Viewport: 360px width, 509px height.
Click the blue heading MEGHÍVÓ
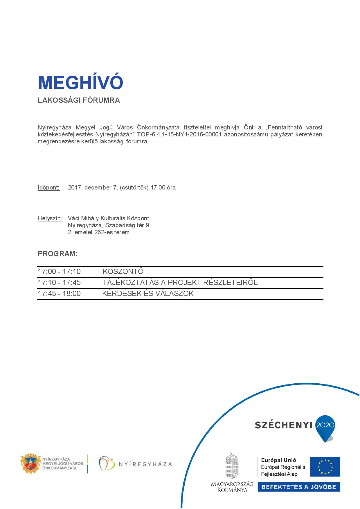(80, 83)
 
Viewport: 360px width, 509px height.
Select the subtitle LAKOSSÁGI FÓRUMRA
(79, 100)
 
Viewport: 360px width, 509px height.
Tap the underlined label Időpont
(48, 187)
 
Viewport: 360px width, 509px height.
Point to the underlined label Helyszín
(50, 218)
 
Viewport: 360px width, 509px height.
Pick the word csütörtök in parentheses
(133, 187)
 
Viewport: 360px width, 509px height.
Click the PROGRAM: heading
(57, 254)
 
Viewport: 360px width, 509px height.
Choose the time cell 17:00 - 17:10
(59, 272)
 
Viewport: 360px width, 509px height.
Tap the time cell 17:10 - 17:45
(59, 283)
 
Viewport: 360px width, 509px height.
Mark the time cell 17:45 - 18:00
(59, 294)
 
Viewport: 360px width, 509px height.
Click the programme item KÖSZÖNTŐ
(123, 272)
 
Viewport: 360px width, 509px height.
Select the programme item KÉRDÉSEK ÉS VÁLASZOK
(148, 294)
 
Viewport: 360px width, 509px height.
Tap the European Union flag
(325, 467)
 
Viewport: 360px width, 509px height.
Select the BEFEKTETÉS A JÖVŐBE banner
(299, 487)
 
